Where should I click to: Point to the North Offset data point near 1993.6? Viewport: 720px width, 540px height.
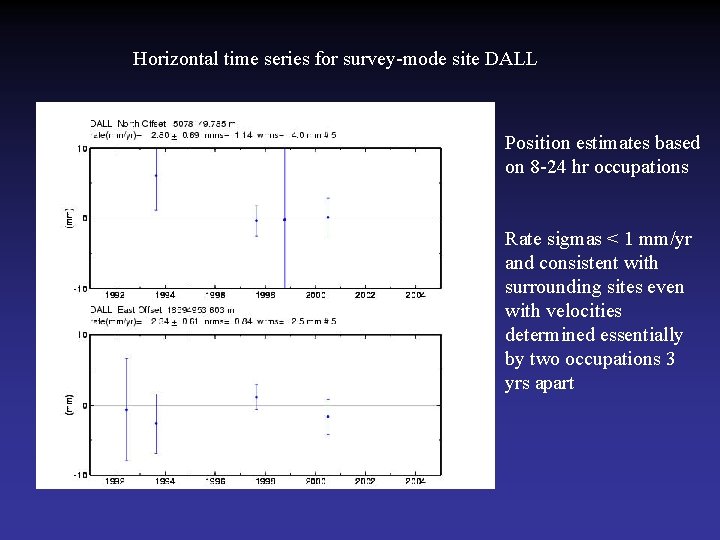156,176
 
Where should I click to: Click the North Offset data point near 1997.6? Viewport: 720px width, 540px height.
257,220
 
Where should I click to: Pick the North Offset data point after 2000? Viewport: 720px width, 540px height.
328,217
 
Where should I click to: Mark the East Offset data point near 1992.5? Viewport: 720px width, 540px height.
126,409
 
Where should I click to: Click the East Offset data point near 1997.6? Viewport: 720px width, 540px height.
257,397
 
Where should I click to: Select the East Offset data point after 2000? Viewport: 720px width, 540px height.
328,416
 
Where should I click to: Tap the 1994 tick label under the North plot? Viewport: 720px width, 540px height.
165,296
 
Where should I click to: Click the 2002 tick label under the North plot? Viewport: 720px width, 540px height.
365,296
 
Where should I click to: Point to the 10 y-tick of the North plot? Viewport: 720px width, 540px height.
83,149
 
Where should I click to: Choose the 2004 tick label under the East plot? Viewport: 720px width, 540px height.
415,481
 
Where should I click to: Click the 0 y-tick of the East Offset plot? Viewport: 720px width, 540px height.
85,405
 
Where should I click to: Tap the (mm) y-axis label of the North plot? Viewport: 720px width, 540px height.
69,217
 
